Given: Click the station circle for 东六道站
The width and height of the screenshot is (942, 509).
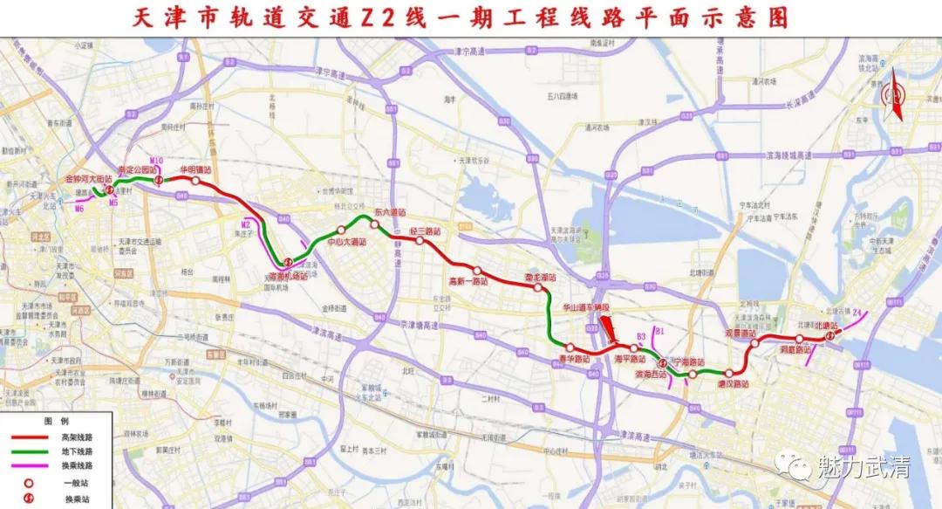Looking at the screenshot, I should point(374,225).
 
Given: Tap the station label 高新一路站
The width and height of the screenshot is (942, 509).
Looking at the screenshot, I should point(468,280).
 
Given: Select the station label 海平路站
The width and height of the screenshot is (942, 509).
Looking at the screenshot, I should point(629,359).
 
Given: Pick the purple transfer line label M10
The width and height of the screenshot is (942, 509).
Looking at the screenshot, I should point(156,161).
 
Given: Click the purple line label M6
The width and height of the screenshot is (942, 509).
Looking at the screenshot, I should point(79,209).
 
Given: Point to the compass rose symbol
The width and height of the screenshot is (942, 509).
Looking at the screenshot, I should point(892,94).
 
